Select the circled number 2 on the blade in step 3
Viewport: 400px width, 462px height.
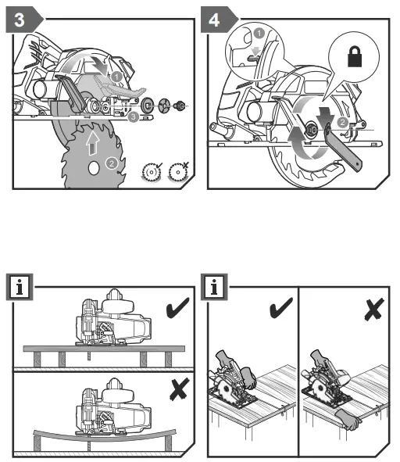pyautogui.click(x=112, y=163)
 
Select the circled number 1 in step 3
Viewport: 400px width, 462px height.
pyautogui.click(x=115, y=77)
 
